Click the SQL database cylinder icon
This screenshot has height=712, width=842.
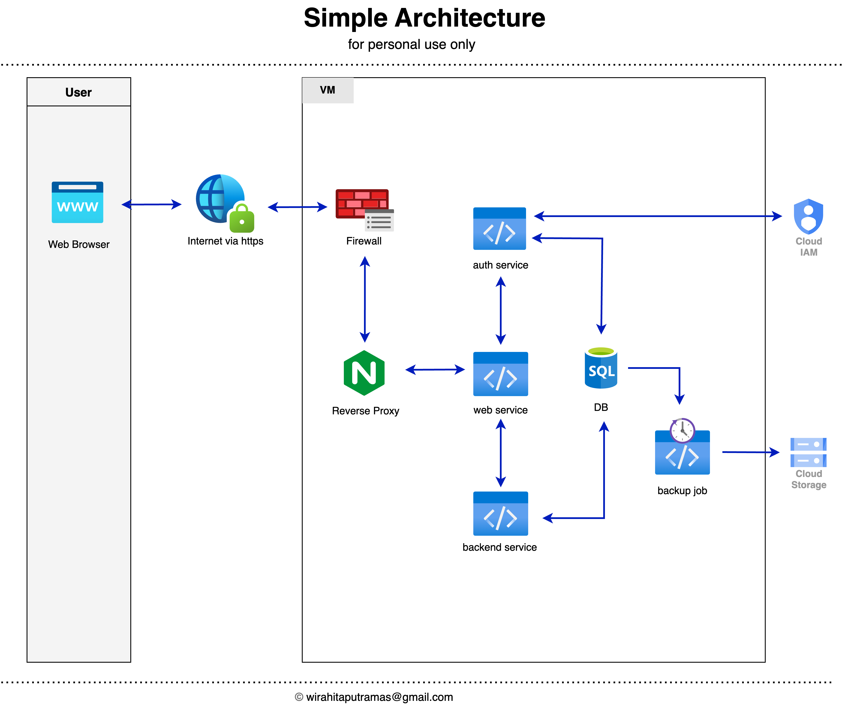[x=601, y=368]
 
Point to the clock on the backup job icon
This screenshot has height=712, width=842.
[x=682, y=431]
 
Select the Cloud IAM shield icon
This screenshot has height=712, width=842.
[x=808, y=216]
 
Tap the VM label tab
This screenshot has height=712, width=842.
[x=328, y=90]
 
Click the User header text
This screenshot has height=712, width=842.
[x=79, y=92]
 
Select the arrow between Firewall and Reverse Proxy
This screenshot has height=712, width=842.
[x=365, y=300]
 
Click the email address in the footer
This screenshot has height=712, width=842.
[x=379, y=697]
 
